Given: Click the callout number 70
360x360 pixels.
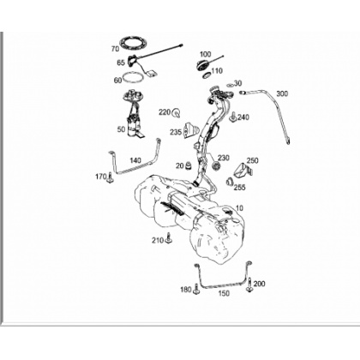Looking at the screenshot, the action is point(115,49).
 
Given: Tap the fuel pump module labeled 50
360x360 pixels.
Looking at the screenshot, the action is point(134,113).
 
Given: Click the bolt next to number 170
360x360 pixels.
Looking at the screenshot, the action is point(111,177).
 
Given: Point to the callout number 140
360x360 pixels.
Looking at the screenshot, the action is point(135,160).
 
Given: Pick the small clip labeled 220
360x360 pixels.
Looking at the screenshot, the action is point(177,113).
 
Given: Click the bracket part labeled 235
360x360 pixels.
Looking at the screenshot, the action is point(190,130).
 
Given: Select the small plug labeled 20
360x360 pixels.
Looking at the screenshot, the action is point(188,165).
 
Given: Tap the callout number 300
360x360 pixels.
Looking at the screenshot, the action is point(282,93).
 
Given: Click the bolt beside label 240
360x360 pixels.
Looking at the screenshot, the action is point(233,117).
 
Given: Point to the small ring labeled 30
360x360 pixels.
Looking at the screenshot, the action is point(230,85).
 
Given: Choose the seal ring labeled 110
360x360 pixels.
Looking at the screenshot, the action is point(207,75).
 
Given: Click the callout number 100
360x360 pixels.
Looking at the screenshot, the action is point(205,54).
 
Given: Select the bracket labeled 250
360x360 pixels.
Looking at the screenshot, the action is point(243,171).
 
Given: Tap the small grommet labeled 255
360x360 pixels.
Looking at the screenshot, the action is point(230,182).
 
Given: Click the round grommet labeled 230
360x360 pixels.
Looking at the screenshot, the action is point(216,165).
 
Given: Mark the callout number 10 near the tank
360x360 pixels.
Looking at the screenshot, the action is point(240,207).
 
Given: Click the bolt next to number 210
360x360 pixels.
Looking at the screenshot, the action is point(169,238).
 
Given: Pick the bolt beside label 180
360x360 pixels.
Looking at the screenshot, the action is point(196,289).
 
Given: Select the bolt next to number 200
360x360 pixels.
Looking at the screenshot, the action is point(249,285).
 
